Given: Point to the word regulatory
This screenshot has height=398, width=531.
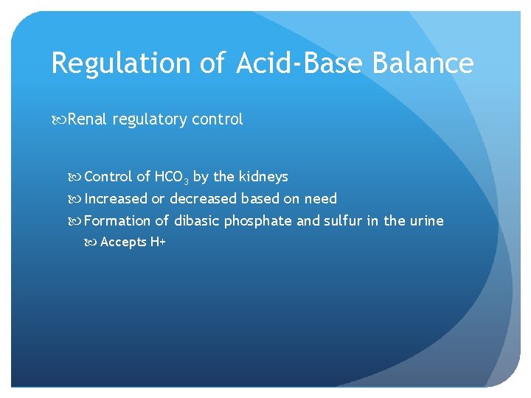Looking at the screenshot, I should click(148, 119).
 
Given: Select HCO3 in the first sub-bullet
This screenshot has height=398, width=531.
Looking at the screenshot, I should click(172, 178).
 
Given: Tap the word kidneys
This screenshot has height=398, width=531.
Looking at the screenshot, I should click(263, 177).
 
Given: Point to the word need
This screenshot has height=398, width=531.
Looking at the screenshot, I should click(322, 199).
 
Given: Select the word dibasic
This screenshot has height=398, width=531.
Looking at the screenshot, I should click(197, 221).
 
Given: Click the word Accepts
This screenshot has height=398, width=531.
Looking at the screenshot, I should click(123, 242).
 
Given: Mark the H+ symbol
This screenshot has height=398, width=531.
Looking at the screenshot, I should click(158, 242).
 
